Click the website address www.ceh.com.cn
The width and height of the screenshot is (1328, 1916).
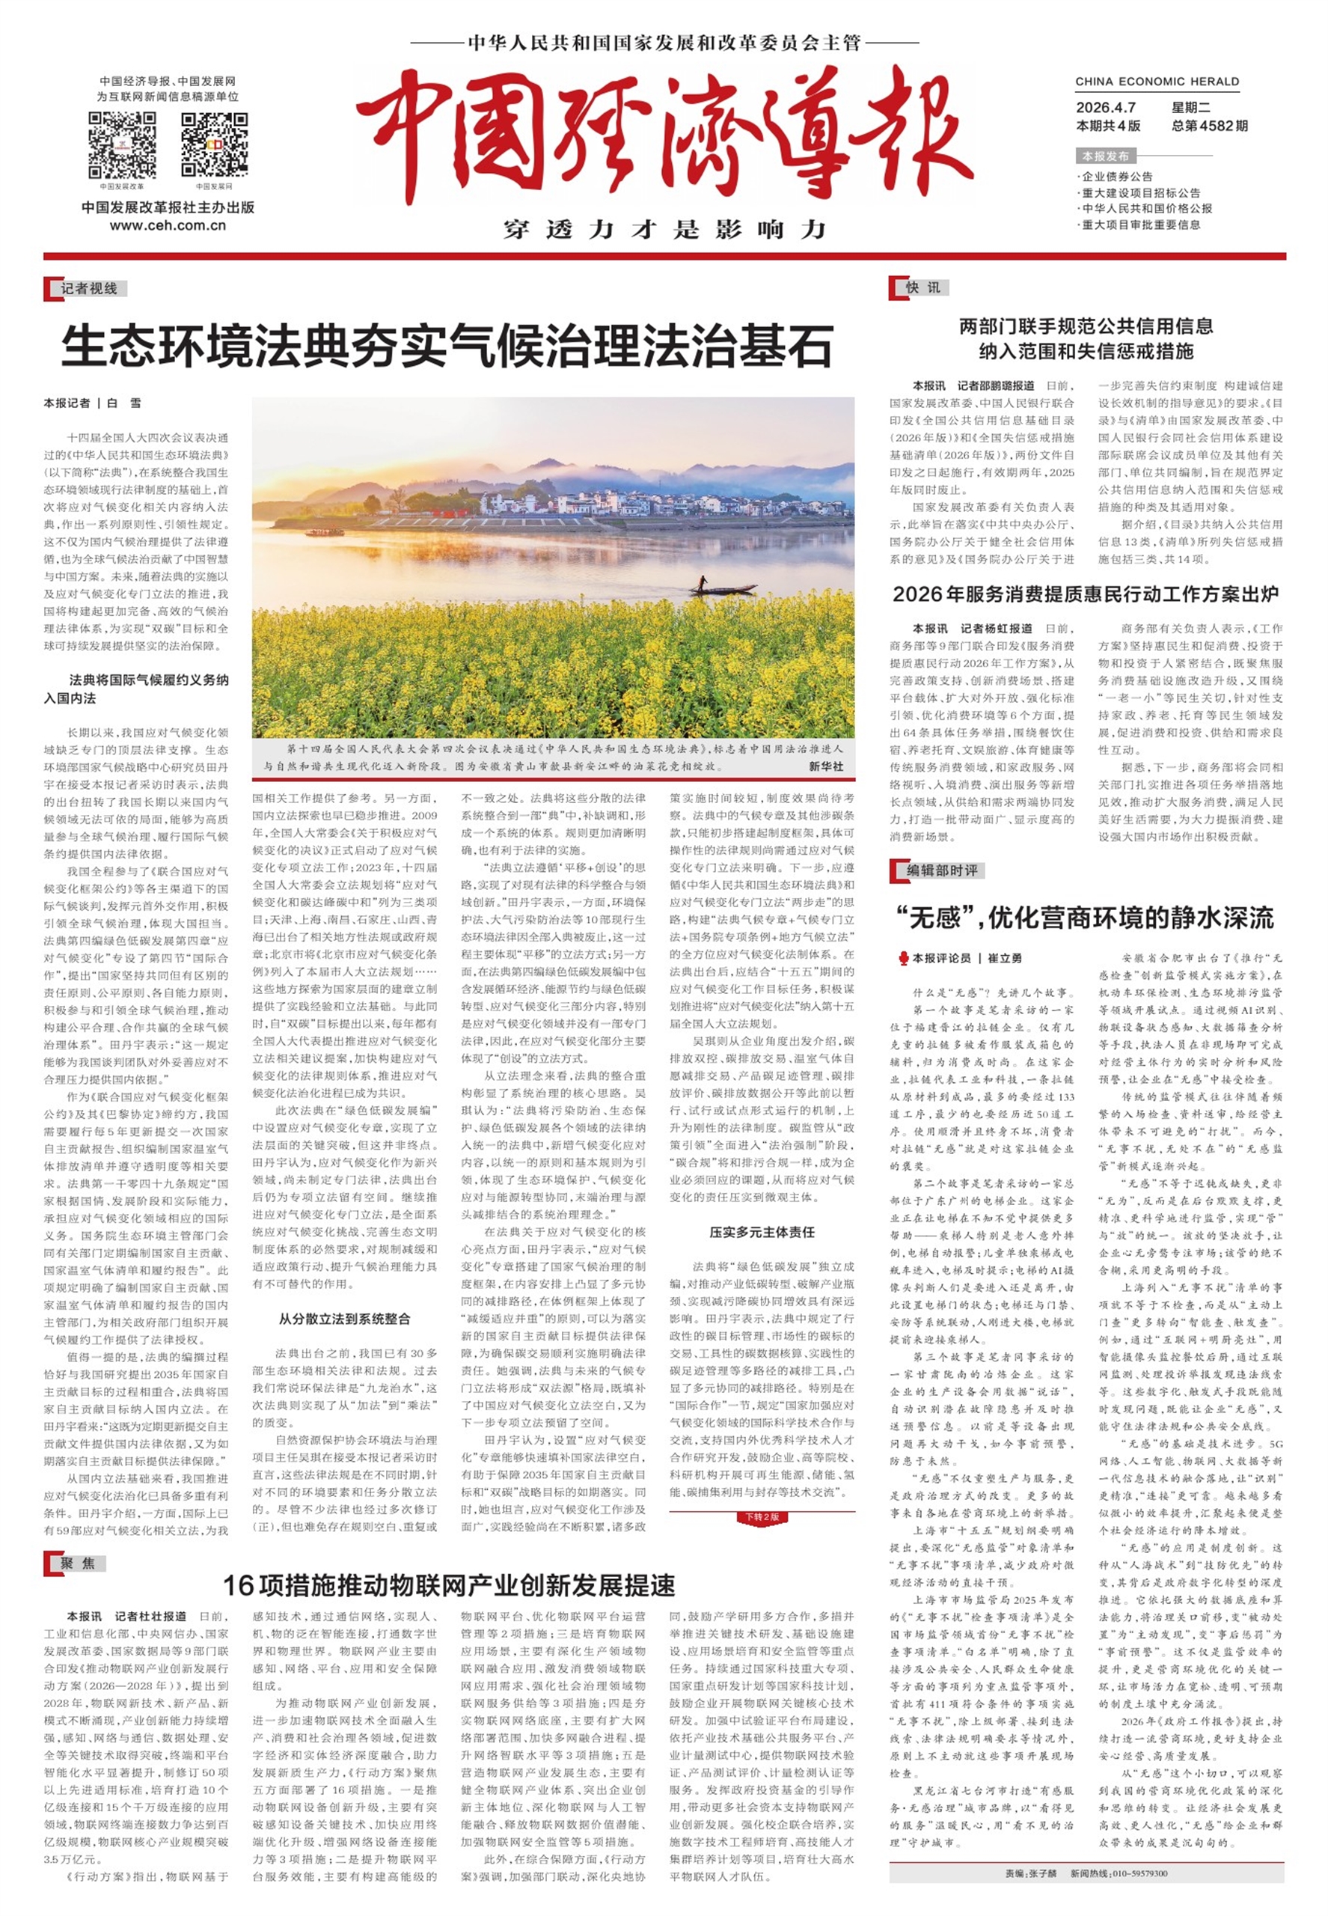point(168,225)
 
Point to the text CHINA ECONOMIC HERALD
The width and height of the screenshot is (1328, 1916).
point(1157,82)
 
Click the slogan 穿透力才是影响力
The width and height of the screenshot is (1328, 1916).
point(664,229)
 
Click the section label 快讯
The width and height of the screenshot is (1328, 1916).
point(922,288)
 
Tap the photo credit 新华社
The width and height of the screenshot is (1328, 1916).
point(824,766)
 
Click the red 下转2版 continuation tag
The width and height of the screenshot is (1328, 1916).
point(762,1516)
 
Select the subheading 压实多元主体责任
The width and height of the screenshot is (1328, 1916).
point(762,1232)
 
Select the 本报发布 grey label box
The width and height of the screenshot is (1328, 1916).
point(1105,156)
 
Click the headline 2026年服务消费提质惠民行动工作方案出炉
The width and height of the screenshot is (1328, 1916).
point(1085,594)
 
